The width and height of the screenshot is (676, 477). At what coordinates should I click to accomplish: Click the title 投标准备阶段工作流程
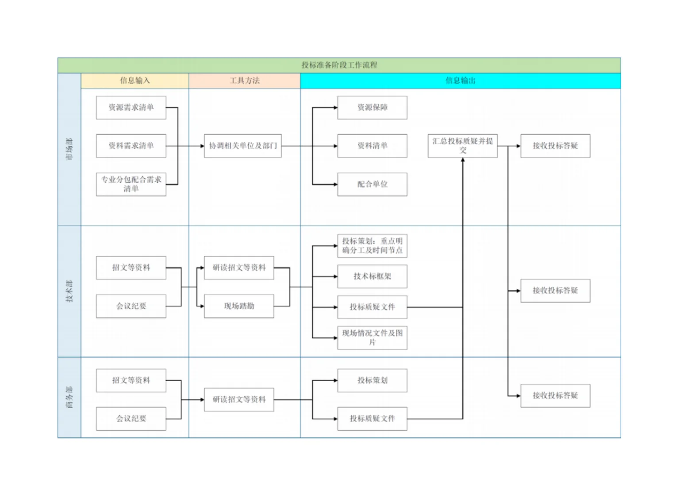click(339, 65)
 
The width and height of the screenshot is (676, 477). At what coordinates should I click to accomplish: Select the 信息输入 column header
click(135, 81)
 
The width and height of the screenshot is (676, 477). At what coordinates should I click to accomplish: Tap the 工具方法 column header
click(244, 81)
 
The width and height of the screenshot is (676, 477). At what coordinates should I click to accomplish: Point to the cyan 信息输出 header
click(460, 81)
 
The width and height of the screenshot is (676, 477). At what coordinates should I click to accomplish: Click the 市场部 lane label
click(69, 149)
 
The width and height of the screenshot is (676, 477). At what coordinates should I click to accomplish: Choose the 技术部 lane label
click(69, 291)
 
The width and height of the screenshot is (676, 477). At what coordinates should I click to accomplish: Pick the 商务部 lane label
click(69, 397)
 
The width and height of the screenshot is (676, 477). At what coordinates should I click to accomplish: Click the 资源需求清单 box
click(131, 108)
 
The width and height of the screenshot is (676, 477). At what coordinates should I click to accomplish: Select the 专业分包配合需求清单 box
click(131, 184)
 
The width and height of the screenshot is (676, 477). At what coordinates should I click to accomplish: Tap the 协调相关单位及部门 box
click(242, 146)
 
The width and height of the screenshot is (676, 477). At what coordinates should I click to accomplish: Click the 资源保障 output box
click(372, 108)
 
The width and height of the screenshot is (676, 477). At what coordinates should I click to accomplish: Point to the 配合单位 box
click(372, 184)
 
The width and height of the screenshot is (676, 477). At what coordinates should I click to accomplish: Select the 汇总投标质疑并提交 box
click(462, 146)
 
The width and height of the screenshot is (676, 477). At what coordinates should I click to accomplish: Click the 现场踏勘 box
click(239, 306)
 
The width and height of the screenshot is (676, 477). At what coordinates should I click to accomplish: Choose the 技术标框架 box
click(372, 276)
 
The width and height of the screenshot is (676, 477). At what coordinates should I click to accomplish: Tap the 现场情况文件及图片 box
click(372, 338)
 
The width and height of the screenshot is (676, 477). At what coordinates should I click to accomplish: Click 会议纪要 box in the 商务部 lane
click(131, 419)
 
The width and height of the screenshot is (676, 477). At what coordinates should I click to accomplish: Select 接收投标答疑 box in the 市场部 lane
click(555, 146)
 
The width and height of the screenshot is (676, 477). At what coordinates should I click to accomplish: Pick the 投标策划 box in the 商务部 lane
click(372, 380)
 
